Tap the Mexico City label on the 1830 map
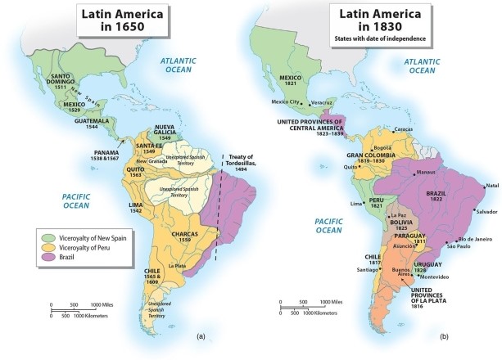[x=283, y=101]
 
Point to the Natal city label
[x=492, y=186]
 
